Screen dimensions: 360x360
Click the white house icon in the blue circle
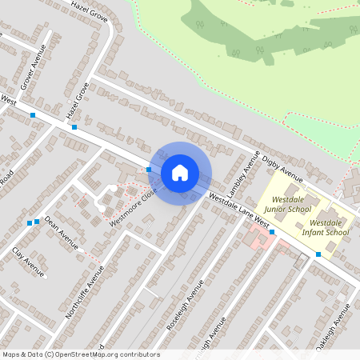tap(180, 173)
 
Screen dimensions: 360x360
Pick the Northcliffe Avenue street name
tap(86, 293)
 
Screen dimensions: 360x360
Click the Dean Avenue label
tap(62, 231)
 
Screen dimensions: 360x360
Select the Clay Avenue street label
tap(29, 262)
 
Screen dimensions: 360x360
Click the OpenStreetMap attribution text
tap(81, 354)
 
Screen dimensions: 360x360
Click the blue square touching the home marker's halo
tap(149, 169)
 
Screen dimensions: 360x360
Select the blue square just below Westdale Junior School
tap(272, 232)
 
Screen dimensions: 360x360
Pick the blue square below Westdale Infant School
tap(318, 254)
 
